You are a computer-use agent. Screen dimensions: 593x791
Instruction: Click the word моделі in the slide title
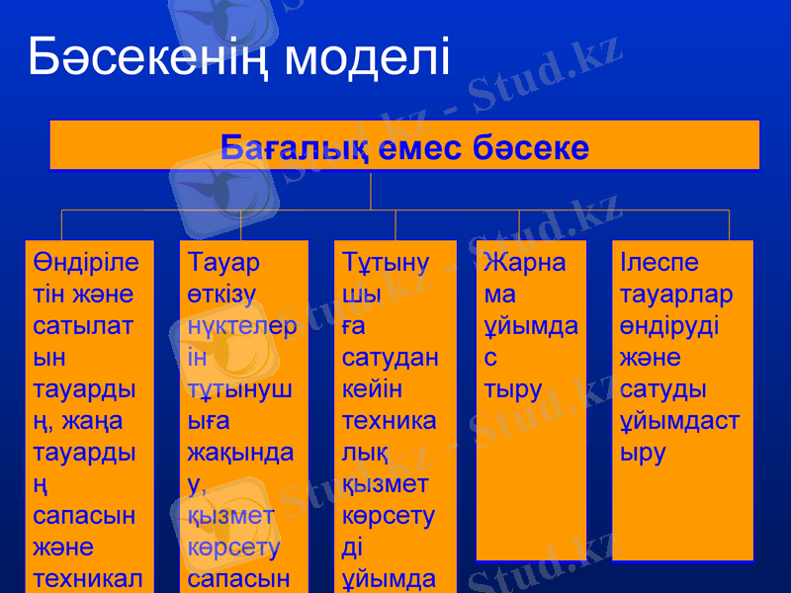[x=367, y=57]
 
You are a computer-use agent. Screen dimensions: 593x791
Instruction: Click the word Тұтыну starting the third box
[x=386, y=263]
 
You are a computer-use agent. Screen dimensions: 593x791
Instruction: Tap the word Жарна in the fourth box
[x=525, y=263]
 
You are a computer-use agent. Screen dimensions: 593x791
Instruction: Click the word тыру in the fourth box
[x=513, y=389]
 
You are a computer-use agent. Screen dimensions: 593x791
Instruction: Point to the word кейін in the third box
[x=375, y=389]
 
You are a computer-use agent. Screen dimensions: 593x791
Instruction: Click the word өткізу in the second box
[x=222, y=295]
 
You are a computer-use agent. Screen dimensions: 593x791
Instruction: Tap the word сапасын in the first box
[x=86, y=516]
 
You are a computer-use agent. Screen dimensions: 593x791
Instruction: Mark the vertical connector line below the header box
[x=371, y=190]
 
